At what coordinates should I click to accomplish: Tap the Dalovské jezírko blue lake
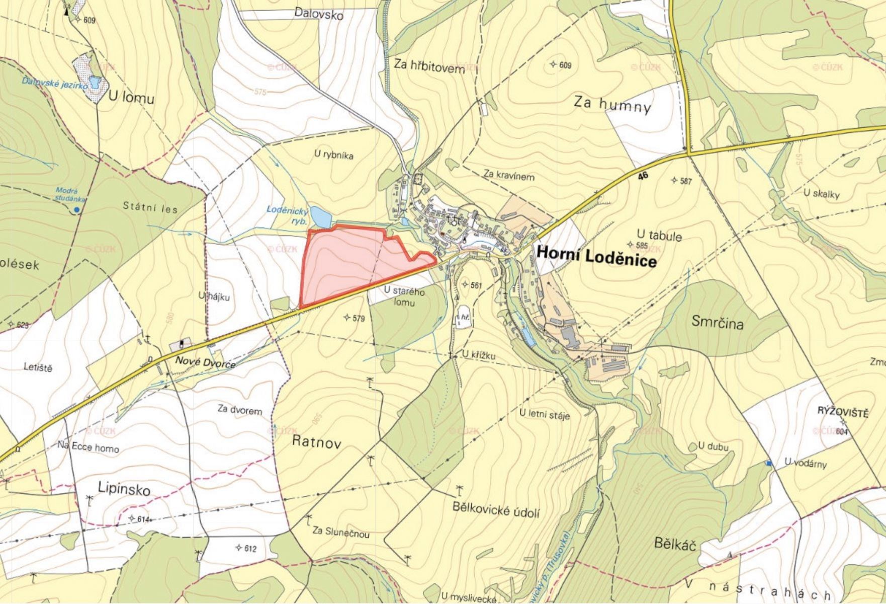click(94, 82)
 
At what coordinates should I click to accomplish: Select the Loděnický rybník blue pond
click(320, 217)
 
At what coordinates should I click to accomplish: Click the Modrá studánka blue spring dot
click(76, 209)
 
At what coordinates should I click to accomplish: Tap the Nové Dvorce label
click(205, 362)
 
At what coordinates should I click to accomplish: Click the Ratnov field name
click(316, 443)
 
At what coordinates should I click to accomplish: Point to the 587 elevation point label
click(685, 181)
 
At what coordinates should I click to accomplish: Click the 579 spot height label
click(358, 318)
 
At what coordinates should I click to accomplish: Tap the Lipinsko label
click(124, 489)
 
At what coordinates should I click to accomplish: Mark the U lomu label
click(131, 98)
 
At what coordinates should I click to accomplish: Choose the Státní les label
click(150, 207)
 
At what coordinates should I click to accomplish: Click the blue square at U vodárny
click(768, 463)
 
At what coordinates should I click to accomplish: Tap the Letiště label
click(38, 368)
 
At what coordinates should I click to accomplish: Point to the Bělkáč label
click(675, 544)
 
